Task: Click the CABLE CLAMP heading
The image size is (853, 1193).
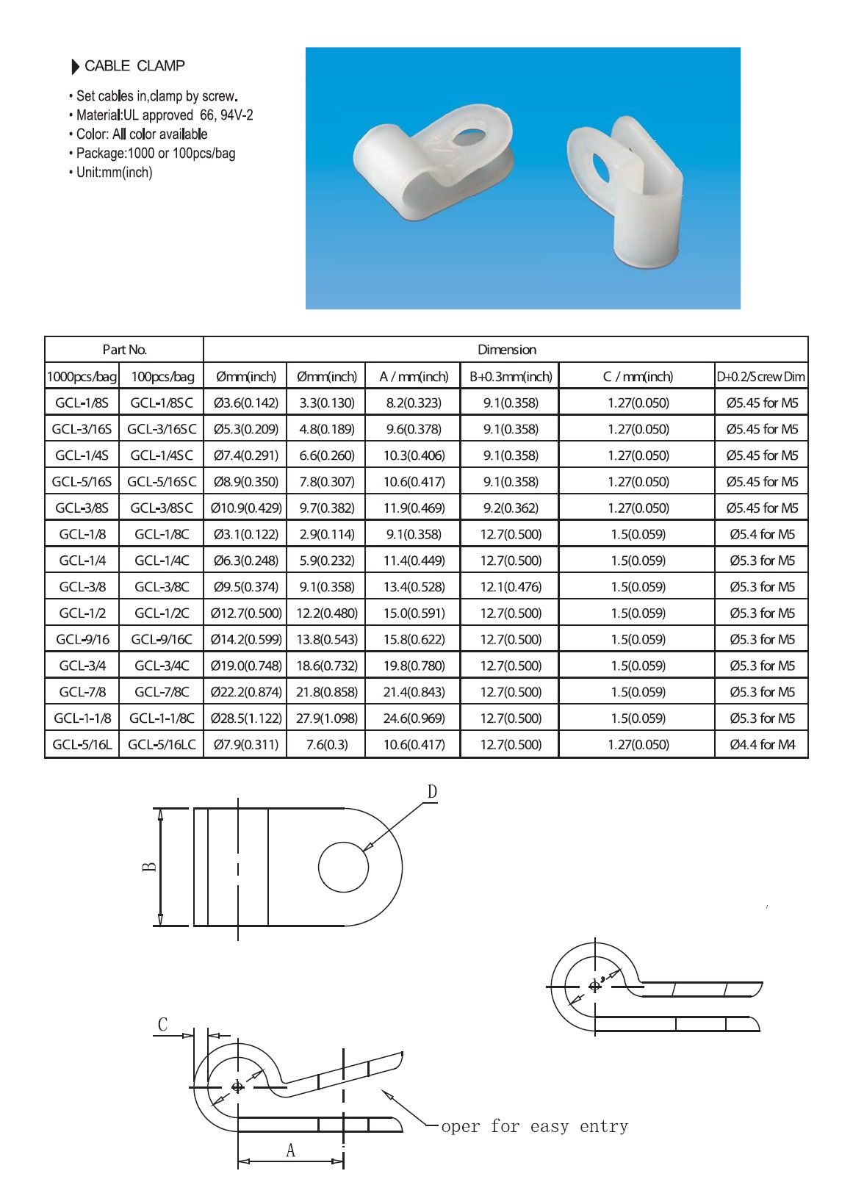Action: [x=134, y=66]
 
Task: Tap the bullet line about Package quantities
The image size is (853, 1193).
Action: [x=155, y=154]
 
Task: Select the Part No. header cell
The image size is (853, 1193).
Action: [x=124, y=350]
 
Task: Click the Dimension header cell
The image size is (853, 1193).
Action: [x=506, y=350]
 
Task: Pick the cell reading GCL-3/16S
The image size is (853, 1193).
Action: [x=82, y=429]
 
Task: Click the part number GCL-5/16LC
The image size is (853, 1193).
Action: [x=162, y=745]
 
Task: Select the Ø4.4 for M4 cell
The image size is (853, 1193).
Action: [x=762, y=745]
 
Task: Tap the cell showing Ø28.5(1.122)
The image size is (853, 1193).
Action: [x=245, y=718]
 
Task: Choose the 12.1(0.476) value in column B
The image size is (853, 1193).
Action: [x=511, y=587]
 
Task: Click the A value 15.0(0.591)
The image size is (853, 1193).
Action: [x=414, y=613]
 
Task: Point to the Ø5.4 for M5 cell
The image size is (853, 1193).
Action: [x=762, y=534]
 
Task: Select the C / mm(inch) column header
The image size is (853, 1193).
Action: [x=637, y=377]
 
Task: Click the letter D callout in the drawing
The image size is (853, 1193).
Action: [x=432, y=792]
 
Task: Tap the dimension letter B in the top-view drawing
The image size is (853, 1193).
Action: [x=149, y=867]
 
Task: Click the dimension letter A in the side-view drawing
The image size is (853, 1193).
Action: [x=290, y=1150]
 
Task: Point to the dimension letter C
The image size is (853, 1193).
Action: [x=163, y=1025]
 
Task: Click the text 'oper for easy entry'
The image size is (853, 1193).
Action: [x=534, y=1126]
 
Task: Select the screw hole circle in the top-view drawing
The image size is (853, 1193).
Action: [x=343, y=867]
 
